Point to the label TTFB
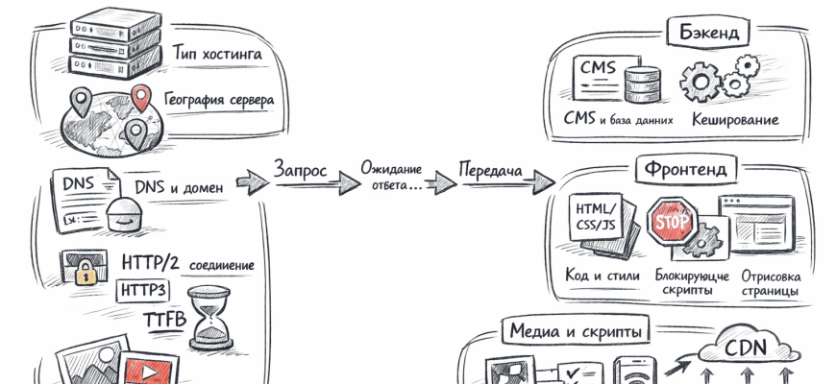pos(164,317)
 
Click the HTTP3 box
pos(146,289)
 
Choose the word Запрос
pos(301,170)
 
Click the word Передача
pos(490,171)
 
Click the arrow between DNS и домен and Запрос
pos(251,181)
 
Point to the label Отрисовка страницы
pos(769,282)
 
